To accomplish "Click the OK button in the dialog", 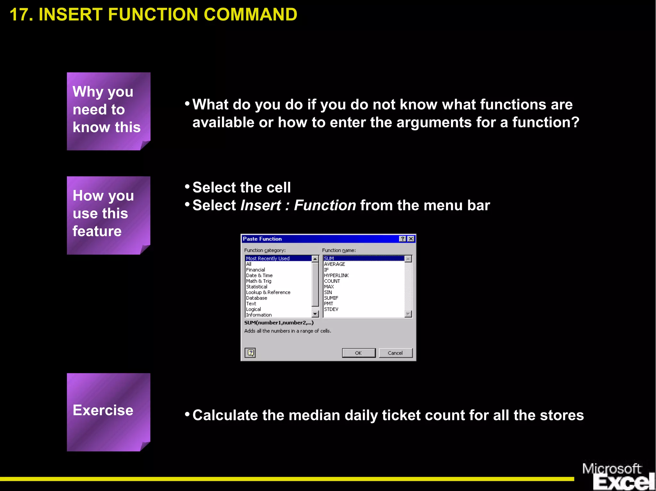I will tap(358, 353).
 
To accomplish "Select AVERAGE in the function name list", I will tap(334, 264).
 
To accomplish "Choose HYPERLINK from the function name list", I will tap(336, 275).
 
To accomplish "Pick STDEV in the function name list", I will tap(331, 309).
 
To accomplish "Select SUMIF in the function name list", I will tap(331, 298).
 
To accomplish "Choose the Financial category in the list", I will tap(256, 270).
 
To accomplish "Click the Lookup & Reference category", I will tap(268, 292).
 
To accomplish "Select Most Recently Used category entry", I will tap(268, 258).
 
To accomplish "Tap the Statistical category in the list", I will tap(257, 286).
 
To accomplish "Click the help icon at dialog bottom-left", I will tap(250, 353).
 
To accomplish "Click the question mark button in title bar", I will tap(403, 239).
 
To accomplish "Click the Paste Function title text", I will tap(262, 239).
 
